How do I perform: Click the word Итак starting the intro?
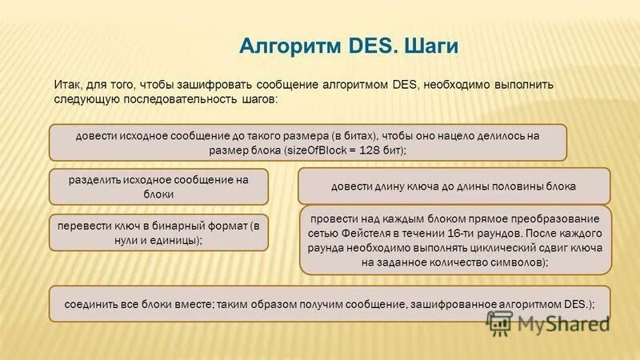[x=67, y=84]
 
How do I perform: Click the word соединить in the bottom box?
[x=92, y=304]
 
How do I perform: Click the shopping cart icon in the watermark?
[x=500, y=322]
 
